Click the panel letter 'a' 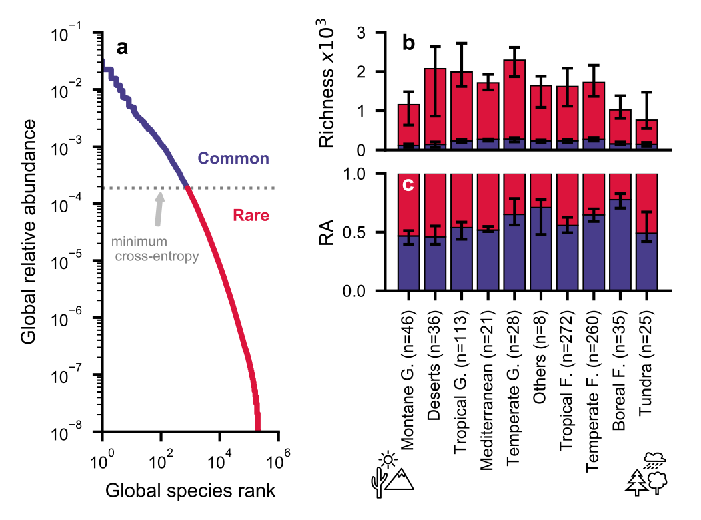pyautogui.click(x=122, y=48)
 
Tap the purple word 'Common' pyautogui.click(x=233, y=159)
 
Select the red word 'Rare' pyautogui.click(x=251, y=216)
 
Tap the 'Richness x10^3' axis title pyautogui.click(x=328, y=90)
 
